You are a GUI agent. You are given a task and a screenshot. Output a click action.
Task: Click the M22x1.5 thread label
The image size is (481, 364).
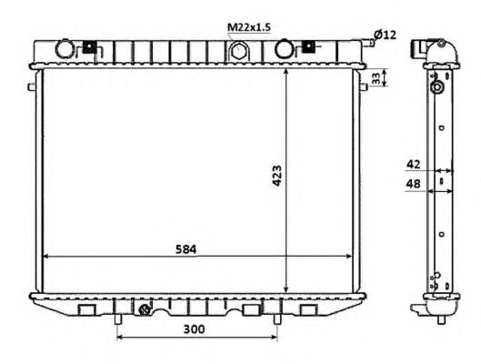click(x=249, y=27)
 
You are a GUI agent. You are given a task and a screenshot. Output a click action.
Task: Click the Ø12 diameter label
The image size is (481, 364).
click(x=385, y=35)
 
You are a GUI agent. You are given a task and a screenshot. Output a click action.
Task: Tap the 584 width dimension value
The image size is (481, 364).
click(x=185, y=249)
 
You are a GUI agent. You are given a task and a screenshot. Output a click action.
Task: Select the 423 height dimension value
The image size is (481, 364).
click(x=277, y=176)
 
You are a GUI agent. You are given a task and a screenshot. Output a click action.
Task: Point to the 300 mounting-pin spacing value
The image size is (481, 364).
click(x=194, y=329)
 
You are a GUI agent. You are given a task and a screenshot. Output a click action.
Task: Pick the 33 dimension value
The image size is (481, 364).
click(x=376, y=78)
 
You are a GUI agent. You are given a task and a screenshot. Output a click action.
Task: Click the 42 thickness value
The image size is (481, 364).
click(x=413, y=165)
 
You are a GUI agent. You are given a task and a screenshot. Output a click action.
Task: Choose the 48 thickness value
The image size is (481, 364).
click(x=413, y=184)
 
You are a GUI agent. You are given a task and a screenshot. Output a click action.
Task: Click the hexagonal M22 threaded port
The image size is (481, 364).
click(x=237, y=51)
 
